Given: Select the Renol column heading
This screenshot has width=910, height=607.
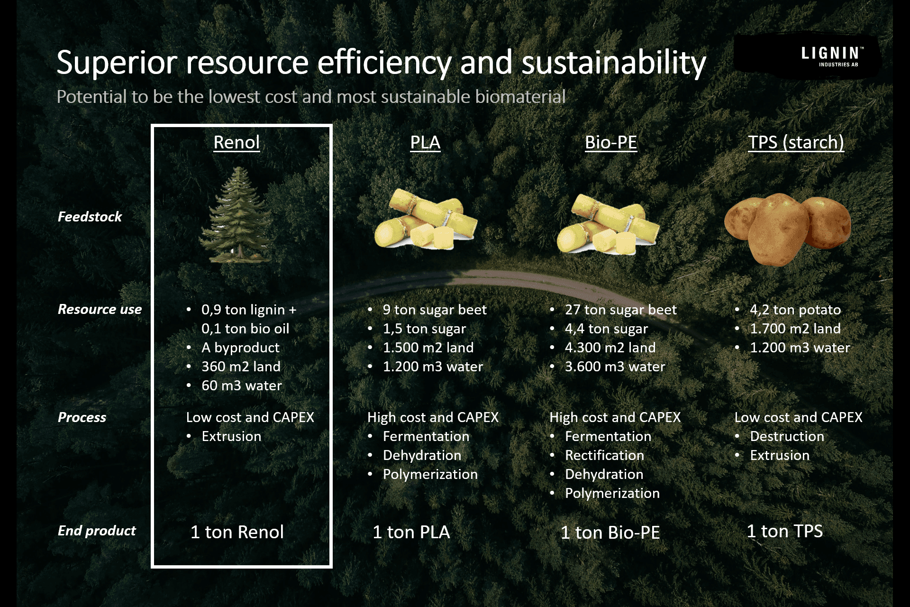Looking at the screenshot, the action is (237, 142).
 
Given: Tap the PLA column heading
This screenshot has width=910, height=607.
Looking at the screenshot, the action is (425, 142).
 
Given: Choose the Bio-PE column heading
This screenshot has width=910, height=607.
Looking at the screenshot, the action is (611, 142).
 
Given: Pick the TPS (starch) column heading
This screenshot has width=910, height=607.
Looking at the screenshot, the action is (796, 143).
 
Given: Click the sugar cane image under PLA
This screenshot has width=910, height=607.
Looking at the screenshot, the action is (426, 219).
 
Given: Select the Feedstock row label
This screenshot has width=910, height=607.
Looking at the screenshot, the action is (90, 217).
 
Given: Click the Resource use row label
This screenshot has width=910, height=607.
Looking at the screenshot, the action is (100, 309).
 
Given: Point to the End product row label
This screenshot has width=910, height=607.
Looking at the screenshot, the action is (97, 531).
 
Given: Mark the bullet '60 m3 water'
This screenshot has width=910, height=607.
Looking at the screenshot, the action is (242, 386).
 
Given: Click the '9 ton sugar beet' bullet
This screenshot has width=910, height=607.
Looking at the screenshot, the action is (435, 310).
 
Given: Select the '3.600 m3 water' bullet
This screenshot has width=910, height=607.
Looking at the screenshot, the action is (615, 367).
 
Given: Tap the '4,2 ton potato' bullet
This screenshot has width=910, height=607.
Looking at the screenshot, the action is (795, 310).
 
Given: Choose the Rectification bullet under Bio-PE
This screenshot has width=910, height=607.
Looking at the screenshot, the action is (604, 455).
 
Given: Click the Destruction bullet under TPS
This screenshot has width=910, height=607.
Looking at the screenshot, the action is (787, 436).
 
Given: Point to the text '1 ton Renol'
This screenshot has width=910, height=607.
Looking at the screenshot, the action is (237, 532).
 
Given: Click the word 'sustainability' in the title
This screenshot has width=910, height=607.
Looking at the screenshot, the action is (614, 63).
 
